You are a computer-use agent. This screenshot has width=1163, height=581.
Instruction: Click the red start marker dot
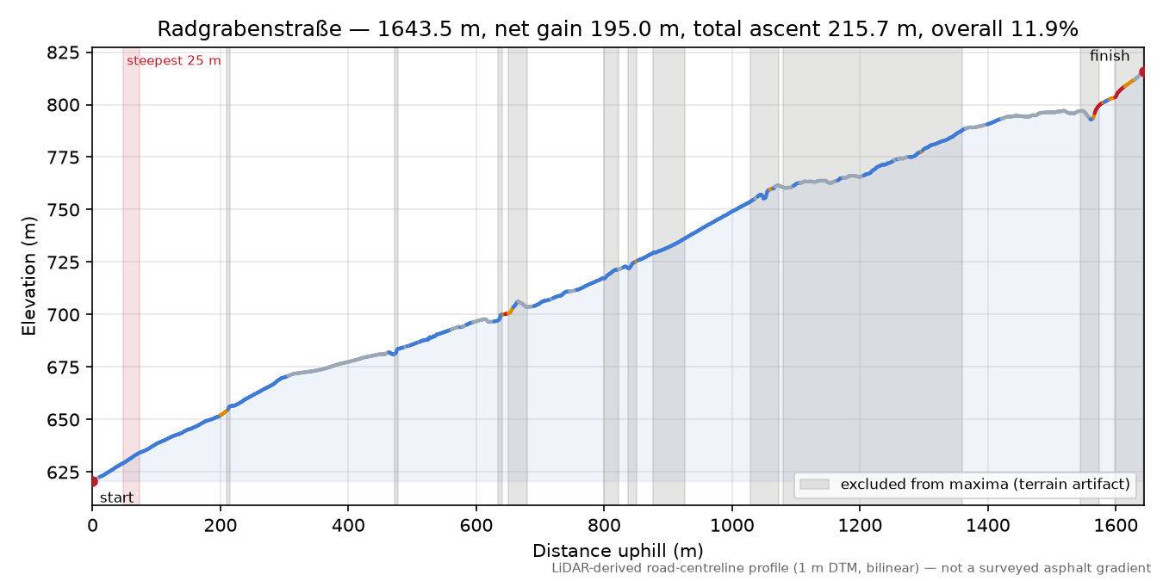click(x=93, y=481)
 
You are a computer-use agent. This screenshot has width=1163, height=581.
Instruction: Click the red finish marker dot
click(x=1142, y=71)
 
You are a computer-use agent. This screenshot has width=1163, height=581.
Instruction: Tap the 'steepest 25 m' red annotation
click(x=173, y=61)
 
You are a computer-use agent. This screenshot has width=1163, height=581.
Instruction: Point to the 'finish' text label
click(x=1109, y=56)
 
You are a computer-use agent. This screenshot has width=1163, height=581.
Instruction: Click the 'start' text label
click(x=116, y=498)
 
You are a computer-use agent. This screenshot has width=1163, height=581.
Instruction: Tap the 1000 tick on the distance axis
click(x=731, y=526)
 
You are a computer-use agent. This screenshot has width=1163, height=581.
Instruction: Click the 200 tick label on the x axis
click(x=221, y=526)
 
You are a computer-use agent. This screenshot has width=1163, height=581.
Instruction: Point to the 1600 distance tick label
click(x=1116, y=526)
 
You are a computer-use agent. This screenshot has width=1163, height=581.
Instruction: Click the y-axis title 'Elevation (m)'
click(x=28, y=276)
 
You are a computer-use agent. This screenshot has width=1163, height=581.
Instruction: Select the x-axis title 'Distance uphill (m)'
click(x=618, y=551)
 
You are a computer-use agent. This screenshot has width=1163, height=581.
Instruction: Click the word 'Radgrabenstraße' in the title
click(x=249, y=29)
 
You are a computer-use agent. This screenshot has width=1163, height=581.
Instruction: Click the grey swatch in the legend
click(x=814, y=485)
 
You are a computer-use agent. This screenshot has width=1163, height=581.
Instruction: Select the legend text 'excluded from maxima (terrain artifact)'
click(x=986, y=485)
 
